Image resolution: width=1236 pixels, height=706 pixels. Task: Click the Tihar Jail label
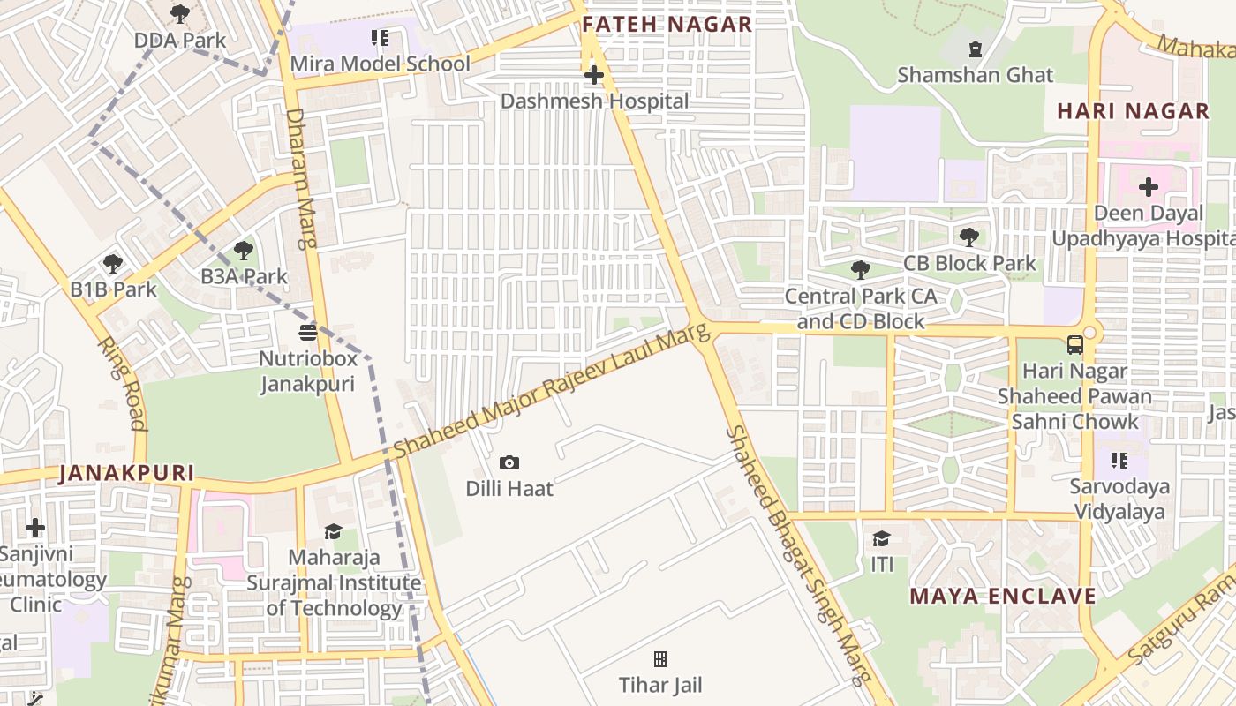click(659, 684)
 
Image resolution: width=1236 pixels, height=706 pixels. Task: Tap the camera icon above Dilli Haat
click(509, 462)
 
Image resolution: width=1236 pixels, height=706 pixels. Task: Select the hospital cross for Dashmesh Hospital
click(594, 76)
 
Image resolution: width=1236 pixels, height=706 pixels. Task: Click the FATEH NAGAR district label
click(667, 24)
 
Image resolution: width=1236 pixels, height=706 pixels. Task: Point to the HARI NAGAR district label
click(1133, 111)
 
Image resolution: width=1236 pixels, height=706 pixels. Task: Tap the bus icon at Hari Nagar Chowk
click(1074, 345)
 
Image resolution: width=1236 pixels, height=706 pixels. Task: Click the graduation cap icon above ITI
click(881, 538)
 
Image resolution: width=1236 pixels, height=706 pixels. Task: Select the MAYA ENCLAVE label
click(1003, 596)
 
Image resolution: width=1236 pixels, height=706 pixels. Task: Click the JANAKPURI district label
click(126, 473)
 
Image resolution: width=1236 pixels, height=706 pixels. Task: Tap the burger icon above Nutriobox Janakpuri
click(308, 333)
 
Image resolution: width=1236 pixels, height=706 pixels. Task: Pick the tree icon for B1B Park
click(112, 263)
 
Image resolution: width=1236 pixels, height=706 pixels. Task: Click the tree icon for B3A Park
click(244, 251)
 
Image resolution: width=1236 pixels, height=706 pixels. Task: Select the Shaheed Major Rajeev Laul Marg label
click(551, 390)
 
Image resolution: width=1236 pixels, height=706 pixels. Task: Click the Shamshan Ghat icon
click(976, 49)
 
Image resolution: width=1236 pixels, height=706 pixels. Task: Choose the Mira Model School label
click(380, 64)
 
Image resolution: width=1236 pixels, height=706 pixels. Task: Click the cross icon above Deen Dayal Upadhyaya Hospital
click(1148, 187)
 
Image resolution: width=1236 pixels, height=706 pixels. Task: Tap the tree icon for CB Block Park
click(968, 237)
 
